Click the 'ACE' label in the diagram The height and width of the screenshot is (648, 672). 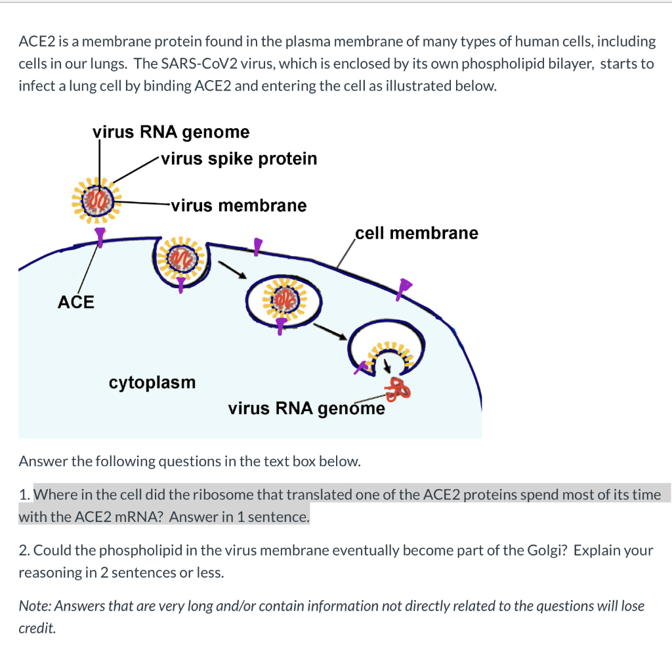point(76,302)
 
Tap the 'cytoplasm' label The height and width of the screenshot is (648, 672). point(152,382)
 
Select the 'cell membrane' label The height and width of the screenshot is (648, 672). point(417,233)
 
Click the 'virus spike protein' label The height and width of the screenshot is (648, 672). point(239,159)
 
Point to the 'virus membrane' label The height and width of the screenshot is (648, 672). point(238,205)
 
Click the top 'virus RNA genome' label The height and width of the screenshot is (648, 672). point(171,132)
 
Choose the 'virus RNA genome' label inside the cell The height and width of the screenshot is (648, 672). point(306,408)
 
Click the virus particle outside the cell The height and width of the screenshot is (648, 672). point(99,198)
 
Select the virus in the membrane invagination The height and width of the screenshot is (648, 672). point(180,260)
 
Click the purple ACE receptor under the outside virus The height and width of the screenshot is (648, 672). point(100,237)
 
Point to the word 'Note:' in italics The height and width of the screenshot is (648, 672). point(35,606)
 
